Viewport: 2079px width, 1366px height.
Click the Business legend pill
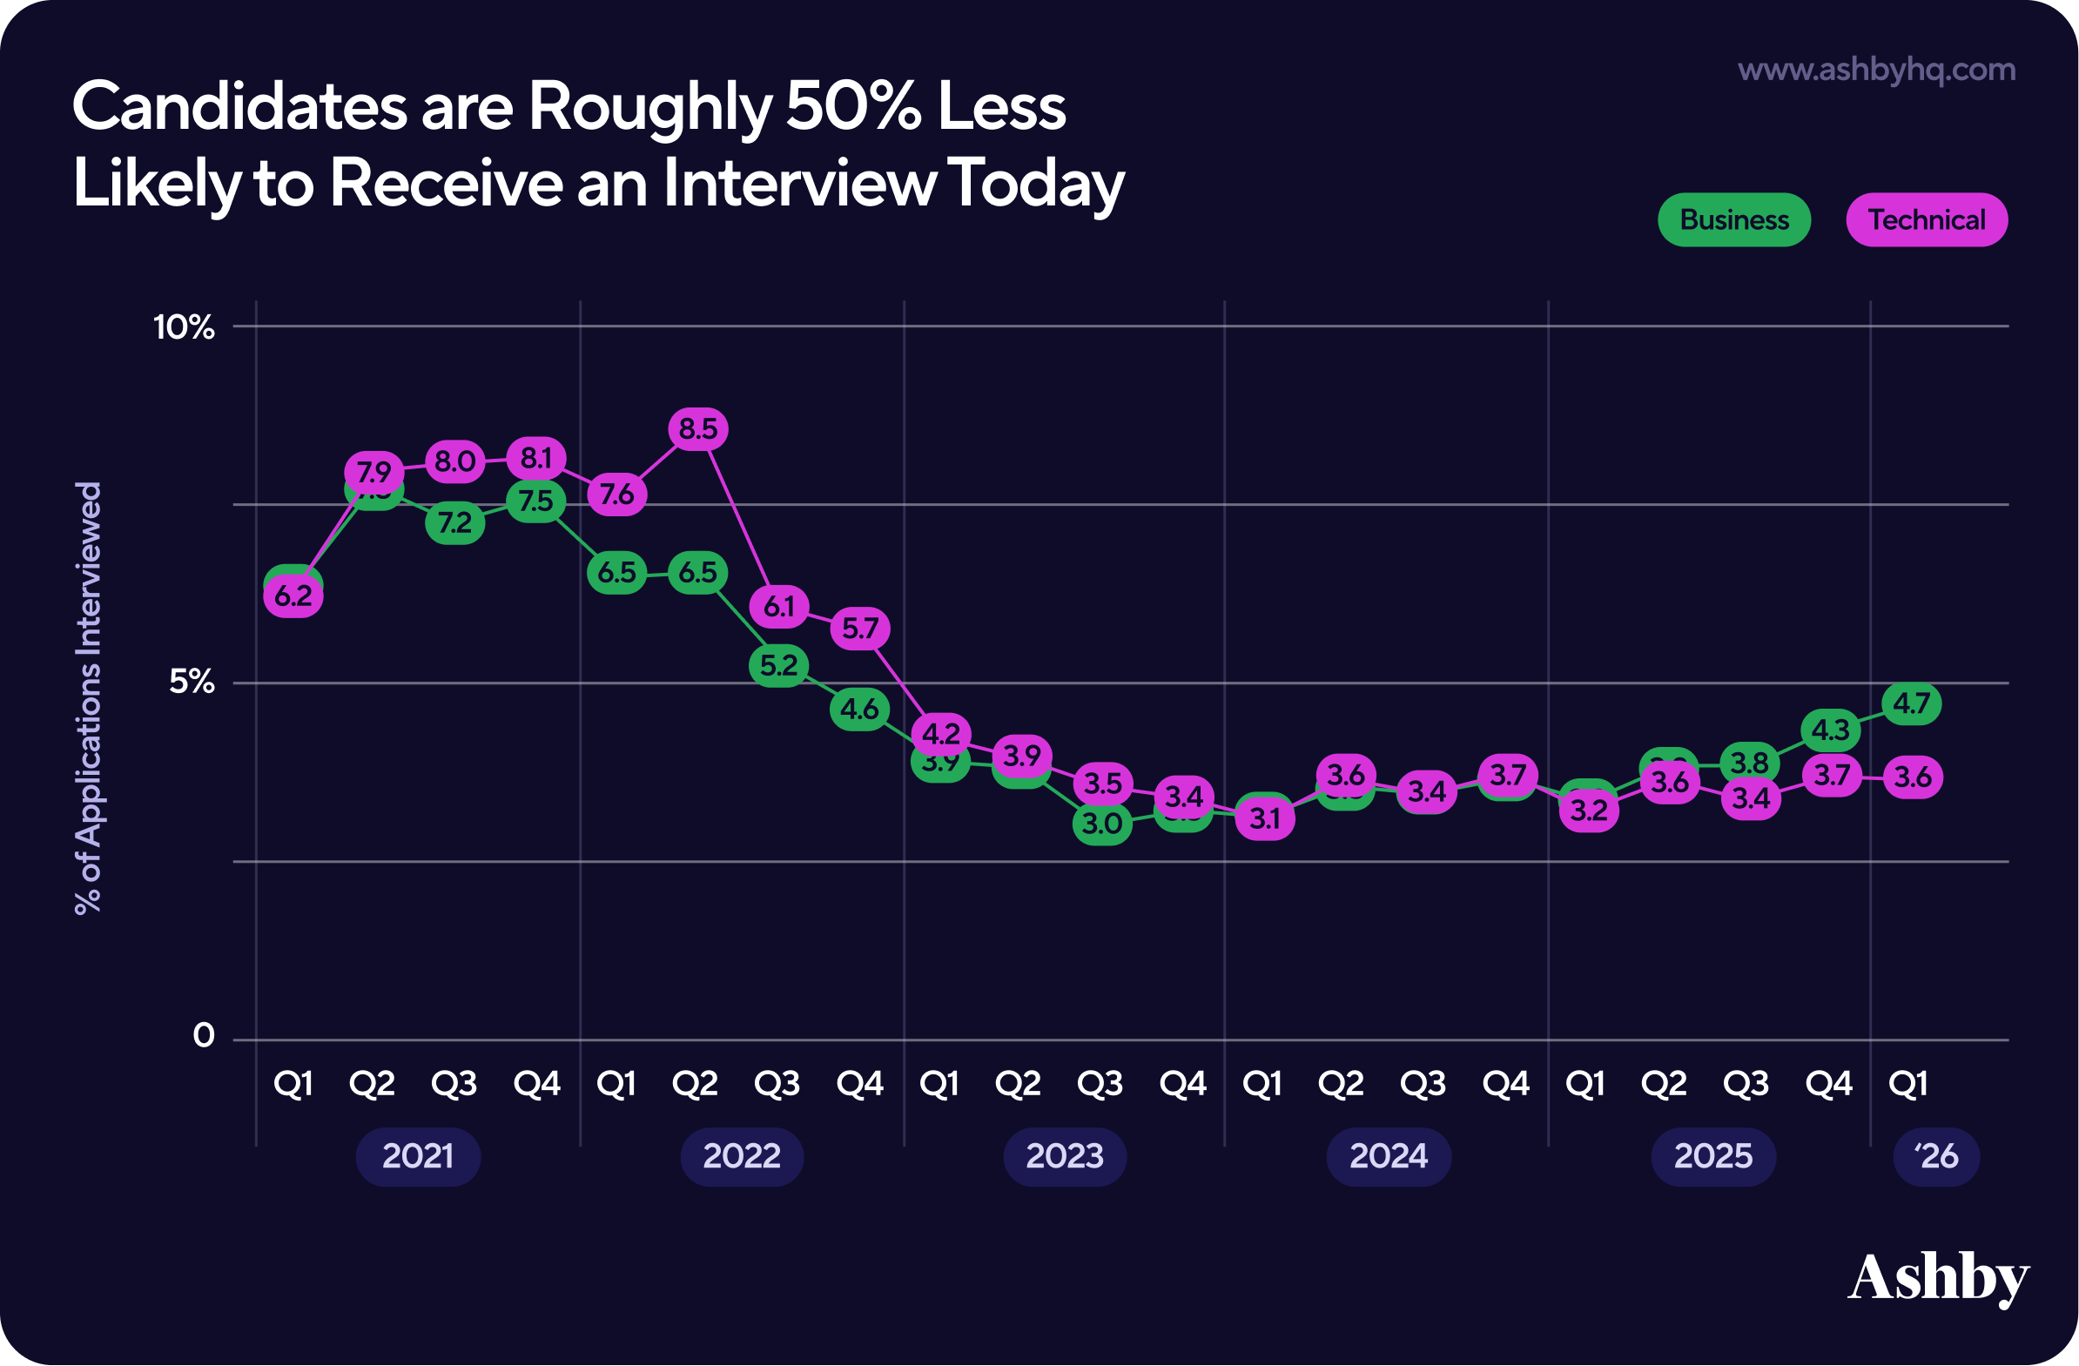(x=1734, y=220)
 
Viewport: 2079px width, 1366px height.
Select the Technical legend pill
(x=1926, y=220)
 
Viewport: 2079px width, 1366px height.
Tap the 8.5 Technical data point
(x=698, y=429)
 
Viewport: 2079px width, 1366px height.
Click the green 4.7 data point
(x=1911, y=703)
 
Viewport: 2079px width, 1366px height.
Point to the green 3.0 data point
(x=1102, y=823)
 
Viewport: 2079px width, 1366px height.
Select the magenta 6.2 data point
(x=293, y=596)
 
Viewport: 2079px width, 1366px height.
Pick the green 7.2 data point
(x=455, y=522)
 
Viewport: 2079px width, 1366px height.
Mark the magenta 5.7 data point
(x=860, y=628)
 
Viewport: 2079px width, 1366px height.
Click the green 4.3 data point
(x=1830, y=730)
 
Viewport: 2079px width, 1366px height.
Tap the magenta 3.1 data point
(x=1265, y=818)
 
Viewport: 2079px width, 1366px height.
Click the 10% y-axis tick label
(x=184, y=327)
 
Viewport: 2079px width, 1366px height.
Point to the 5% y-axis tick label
(x=192, y=681)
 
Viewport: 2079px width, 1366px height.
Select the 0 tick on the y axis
(x=204, y=1036)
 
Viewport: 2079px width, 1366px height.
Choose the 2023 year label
(x=1065, y=1156)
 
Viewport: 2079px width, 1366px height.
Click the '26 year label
(x=1935, y=1156)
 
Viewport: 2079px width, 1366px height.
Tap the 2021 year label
(x=418, y=1156)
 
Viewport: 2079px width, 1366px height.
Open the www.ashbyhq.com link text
(x=1876, y=70)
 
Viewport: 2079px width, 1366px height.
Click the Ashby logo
(x=1937, y=1279)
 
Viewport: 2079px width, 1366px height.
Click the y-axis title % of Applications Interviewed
(x=89, y=697)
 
